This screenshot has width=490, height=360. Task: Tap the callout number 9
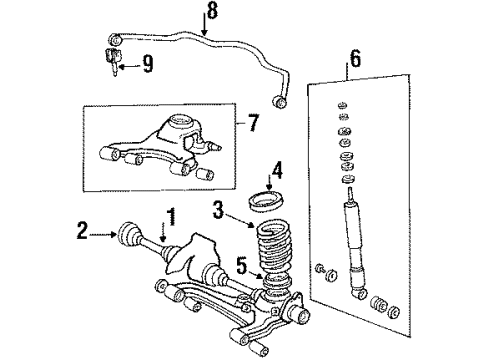(x=147, y=67)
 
